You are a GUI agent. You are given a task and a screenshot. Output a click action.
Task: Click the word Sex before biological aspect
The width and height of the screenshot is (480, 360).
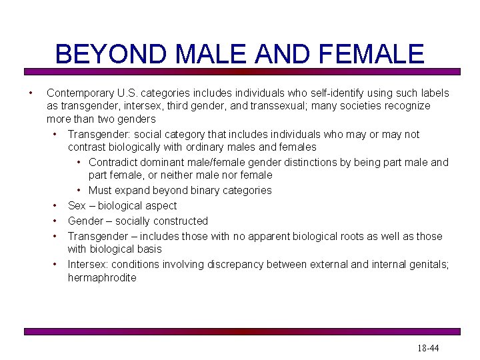pos(77,205)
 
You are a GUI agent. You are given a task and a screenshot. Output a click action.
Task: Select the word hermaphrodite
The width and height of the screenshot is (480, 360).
pos(102,277)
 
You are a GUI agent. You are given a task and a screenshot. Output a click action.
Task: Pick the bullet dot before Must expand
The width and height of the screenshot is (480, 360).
pos(79,190)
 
